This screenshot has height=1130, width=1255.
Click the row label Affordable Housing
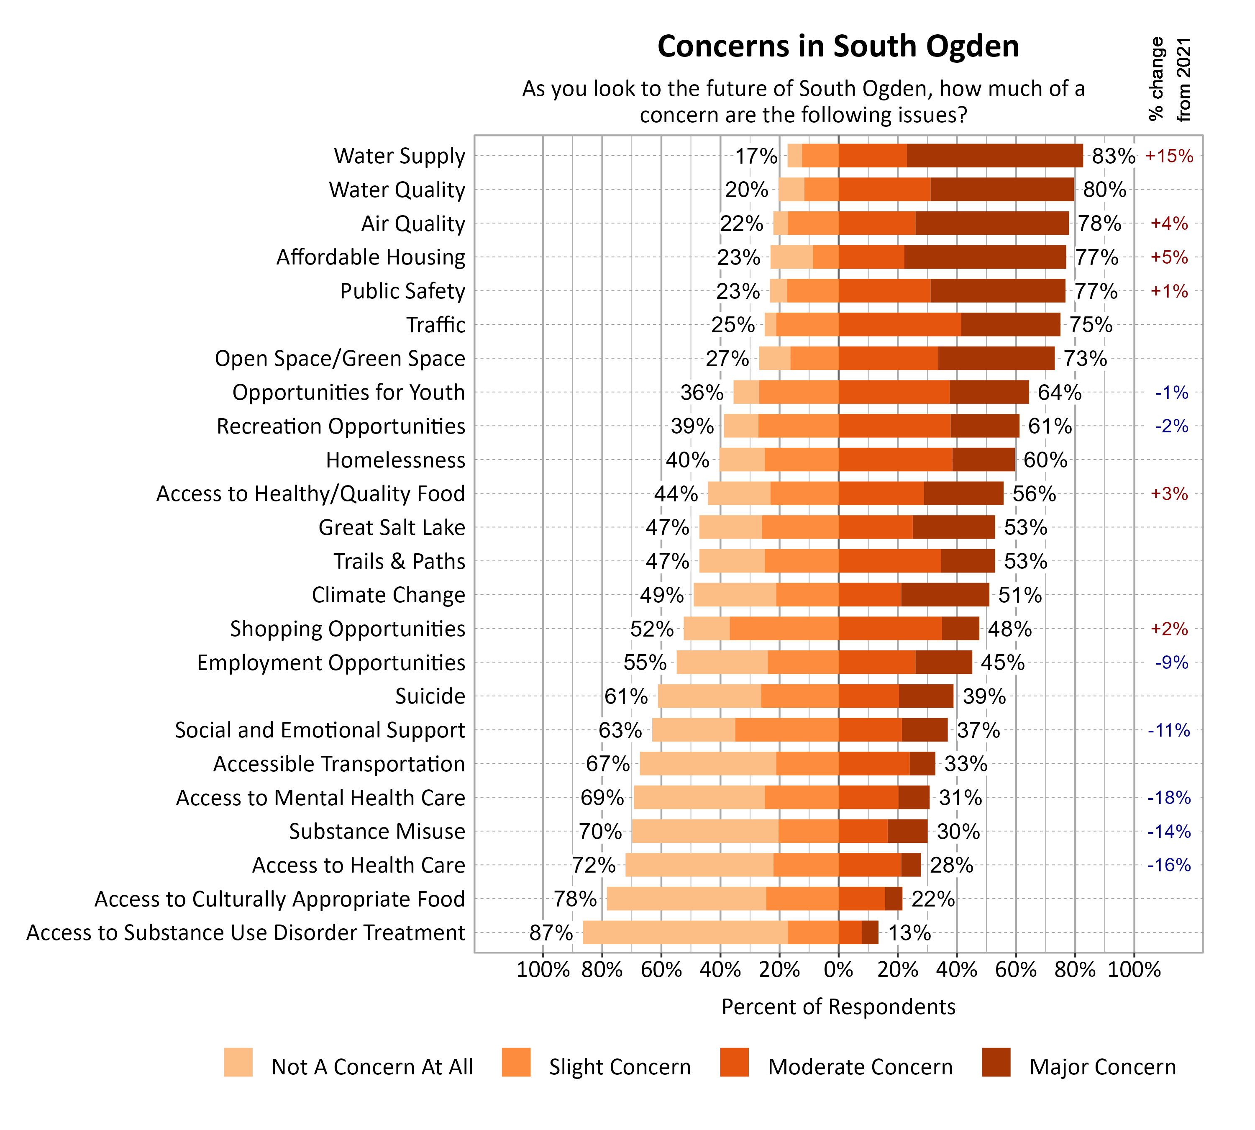(371, 257)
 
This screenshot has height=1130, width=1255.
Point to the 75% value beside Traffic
(1091, 325)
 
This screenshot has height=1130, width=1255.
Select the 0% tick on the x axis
(838, 970)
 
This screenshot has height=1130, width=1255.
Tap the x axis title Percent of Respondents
(838, 1007)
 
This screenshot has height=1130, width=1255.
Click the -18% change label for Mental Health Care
(1168, 798)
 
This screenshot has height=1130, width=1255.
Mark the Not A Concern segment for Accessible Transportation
(707, 764)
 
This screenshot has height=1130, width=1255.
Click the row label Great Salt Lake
(392, 527)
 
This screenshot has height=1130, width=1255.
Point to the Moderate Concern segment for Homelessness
(894, 460)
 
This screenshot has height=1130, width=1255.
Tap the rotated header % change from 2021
(1169, 80)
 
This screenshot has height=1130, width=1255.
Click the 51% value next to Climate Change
(1019, 595)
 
